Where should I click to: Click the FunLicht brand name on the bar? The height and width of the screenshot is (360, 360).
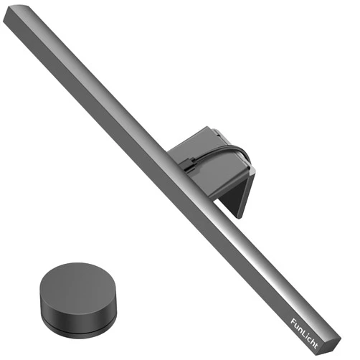304,333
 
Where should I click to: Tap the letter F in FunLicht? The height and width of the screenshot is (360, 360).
293,321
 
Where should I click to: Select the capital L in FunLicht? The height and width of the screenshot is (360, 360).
304,333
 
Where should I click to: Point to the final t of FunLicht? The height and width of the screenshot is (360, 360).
316,346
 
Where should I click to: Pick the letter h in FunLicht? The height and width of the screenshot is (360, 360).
313,342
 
